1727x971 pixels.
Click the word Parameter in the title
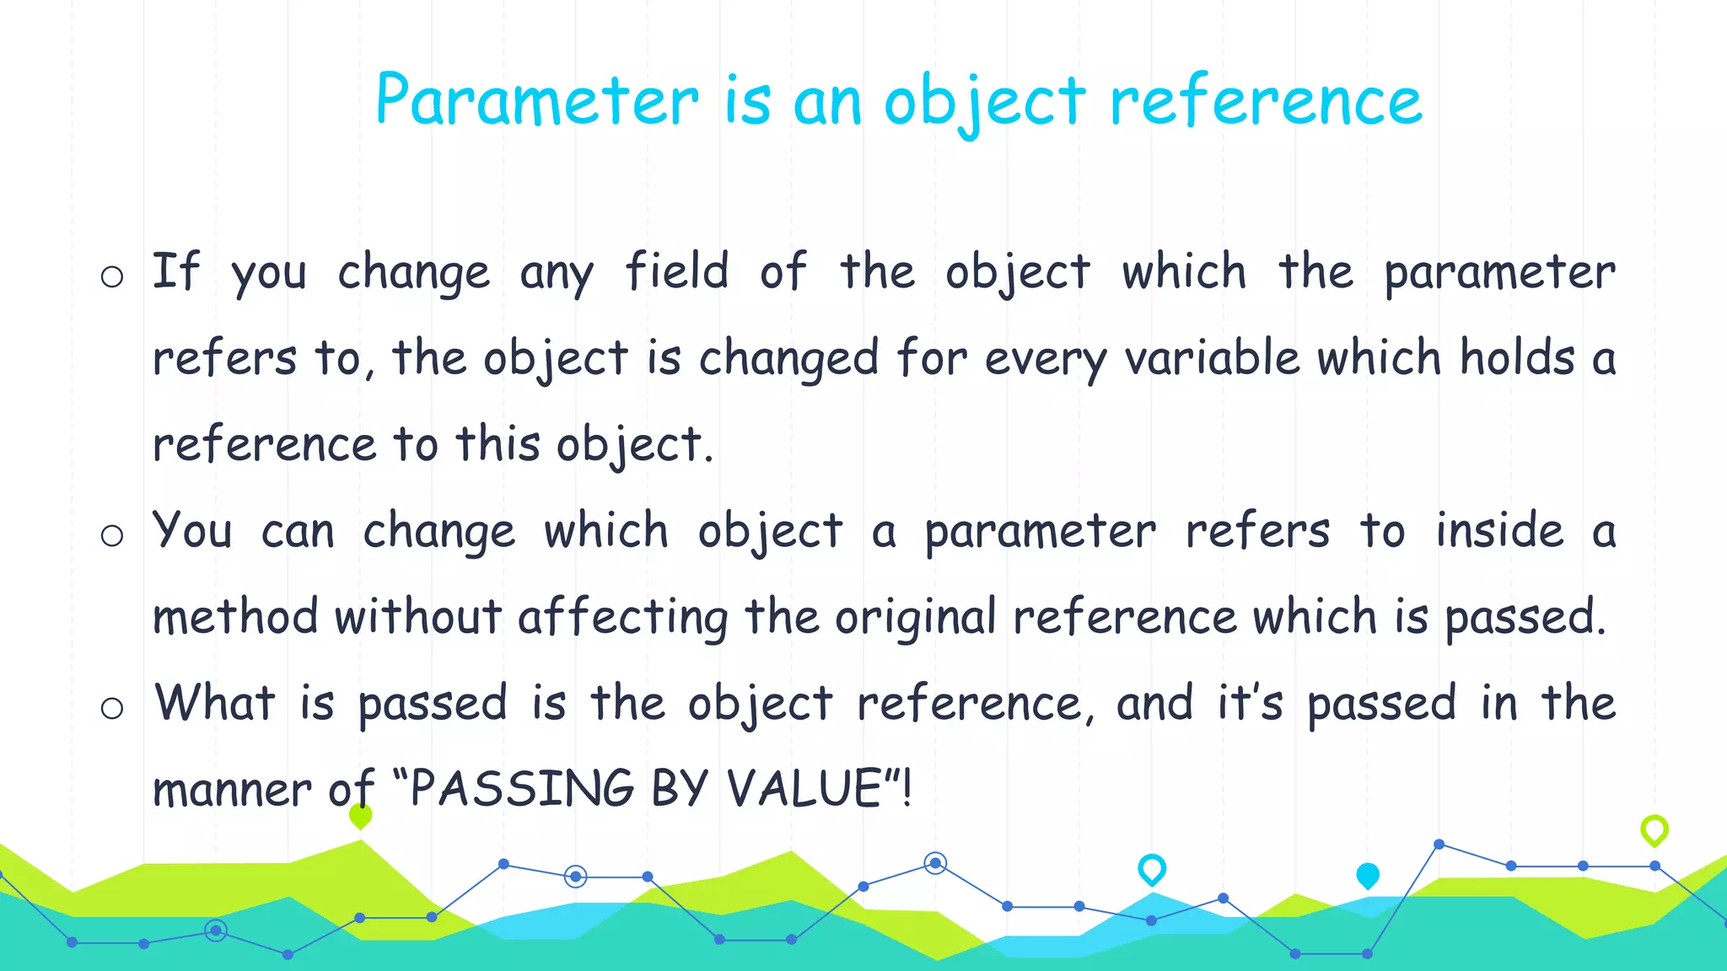(537, 101)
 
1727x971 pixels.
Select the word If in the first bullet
(175, 271)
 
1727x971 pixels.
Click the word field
(676, 271)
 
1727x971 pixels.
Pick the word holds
(1517, 357)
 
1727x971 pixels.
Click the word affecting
(623, 617)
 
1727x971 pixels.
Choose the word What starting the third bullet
(215, 703)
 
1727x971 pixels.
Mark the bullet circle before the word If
(112, 276)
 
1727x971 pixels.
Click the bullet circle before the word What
(112, 708)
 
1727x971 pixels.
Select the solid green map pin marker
(360, 815)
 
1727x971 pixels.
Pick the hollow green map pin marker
(1654, 829)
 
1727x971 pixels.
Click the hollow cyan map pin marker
(1152, 868)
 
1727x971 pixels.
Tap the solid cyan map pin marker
(1368, 875)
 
